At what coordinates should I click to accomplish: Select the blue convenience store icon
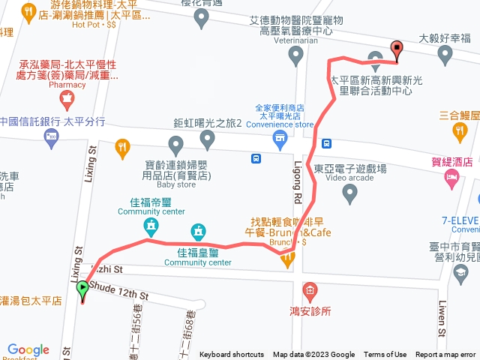(280, 137)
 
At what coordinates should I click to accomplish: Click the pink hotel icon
(451, 177)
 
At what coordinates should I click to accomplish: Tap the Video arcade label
(345, 178)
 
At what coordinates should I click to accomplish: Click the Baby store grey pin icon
(176, 143)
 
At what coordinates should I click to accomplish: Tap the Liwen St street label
(441, 319)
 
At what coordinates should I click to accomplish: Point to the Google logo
(28, 349)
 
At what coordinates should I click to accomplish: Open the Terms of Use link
(385, 355)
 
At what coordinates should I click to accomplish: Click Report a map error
(445, 355)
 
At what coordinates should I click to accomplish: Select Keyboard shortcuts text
(232, 355)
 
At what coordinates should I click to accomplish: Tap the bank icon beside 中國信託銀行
(51, 136)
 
